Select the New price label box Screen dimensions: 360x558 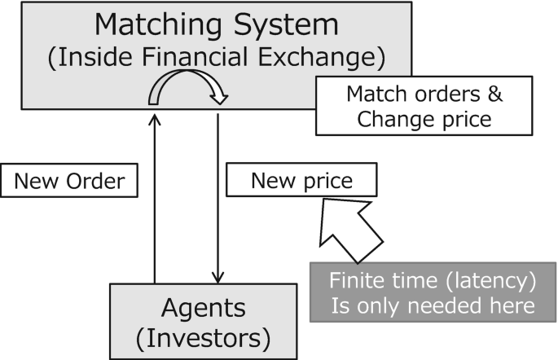pos(301,181)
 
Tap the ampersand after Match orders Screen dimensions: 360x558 pos(494,94)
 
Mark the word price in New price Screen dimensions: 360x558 pos(325,181)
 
